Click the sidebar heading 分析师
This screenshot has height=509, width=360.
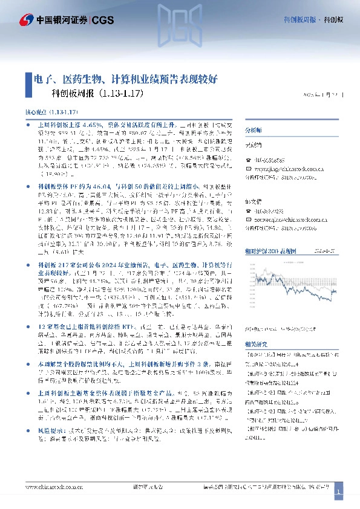(253, 131)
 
